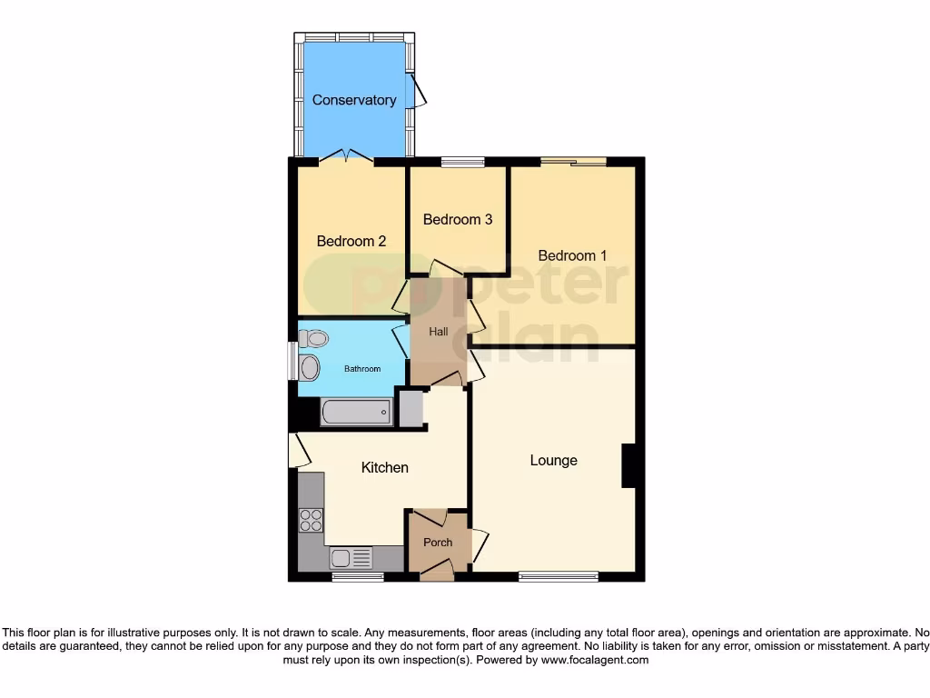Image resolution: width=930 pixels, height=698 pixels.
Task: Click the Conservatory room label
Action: (x=353, y=100)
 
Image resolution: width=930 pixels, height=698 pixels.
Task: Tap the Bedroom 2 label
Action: (x=351, y=241)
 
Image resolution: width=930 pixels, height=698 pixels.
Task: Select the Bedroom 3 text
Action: (x=458, y=219)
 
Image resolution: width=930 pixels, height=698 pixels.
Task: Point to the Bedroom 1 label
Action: (x=572, y=255)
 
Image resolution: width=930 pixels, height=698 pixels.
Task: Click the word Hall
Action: (x=439, y=332)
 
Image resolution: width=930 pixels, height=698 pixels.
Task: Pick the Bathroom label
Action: (x=361, y=369)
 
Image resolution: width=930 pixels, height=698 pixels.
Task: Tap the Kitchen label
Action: (x=385, y=467)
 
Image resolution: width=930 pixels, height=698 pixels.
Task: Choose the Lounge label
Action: (x=553, y=460)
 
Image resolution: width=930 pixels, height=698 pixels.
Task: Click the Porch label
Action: (x=438, y=543)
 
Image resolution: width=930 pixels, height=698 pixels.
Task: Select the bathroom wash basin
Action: (x=310, y=368)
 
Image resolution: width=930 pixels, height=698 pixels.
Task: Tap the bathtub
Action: (x=356, y=414)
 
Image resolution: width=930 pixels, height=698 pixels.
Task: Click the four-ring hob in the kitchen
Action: (x=311, y=521)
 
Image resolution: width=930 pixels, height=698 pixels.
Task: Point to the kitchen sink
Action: (x=351, y=557)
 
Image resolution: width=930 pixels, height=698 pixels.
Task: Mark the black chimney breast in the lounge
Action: (x=628, y=466)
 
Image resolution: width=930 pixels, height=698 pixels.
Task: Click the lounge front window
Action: (x=558, y=575)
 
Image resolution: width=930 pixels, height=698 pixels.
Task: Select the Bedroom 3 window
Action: (x=462, y=163)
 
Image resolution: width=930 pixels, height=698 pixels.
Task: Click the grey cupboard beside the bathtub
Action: (x=411, y=408)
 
